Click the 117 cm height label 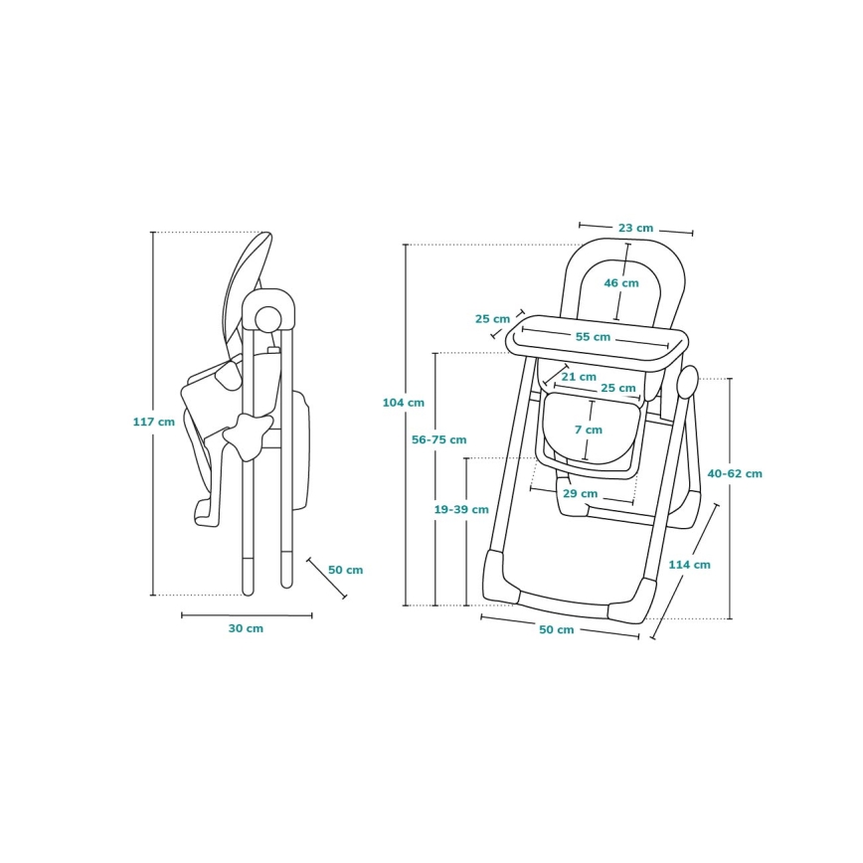point(153,422)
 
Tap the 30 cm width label point(246,628)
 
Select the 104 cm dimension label point(403,403)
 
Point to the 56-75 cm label point(438,439)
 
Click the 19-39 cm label point(460,509)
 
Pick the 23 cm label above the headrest point(635,229)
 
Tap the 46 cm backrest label point(621,283)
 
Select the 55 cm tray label point(593,337)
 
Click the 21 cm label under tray point(579,377)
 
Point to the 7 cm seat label point(588,430)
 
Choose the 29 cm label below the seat point(580,493)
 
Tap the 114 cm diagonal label point(689,565)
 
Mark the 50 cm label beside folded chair point(345,570)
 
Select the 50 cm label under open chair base point(557,630)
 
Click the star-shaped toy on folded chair point(248,432)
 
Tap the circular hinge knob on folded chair point(267,318)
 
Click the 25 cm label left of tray point(492,319)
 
